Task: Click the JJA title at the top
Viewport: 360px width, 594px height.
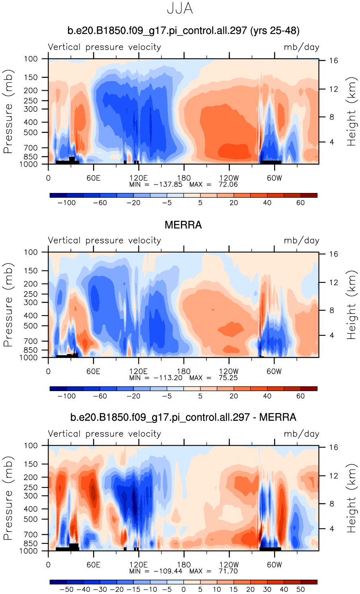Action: click(x=180, y=9)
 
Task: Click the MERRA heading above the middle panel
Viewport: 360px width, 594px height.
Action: click(x=183, y=225)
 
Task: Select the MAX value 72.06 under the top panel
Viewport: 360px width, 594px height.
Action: click(x=228, y=184)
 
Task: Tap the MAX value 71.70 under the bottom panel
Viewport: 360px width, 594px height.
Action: click(x=228, y=571)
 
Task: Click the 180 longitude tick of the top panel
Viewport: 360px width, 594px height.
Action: click(x=184, y=178)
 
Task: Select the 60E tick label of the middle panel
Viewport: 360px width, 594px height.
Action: click(x=93, y=371)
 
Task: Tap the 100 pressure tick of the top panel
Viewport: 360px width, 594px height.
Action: click(x=31, y=59)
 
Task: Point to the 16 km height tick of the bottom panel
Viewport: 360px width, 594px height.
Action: click(x=333, y=448)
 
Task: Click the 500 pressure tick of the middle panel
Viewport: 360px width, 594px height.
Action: click(x=31, y=326)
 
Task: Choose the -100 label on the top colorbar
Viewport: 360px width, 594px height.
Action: click(x=66, y=203)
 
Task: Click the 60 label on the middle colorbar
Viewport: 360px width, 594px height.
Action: click(x=300, y=396)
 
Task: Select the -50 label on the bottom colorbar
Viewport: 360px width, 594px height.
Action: click(x=66, y=590)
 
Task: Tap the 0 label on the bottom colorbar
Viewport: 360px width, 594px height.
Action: click(x=183, y=590)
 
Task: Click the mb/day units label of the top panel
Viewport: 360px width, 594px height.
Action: click(x=301, y=47)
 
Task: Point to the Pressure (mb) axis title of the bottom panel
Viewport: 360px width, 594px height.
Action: click(x=8, y=498)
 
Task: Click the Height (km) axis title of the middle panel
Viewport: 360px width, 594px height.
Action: click(x=351, y=305)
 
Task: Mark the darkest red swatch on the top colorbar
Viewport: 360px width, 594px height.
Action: click(x=309, y=195)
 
